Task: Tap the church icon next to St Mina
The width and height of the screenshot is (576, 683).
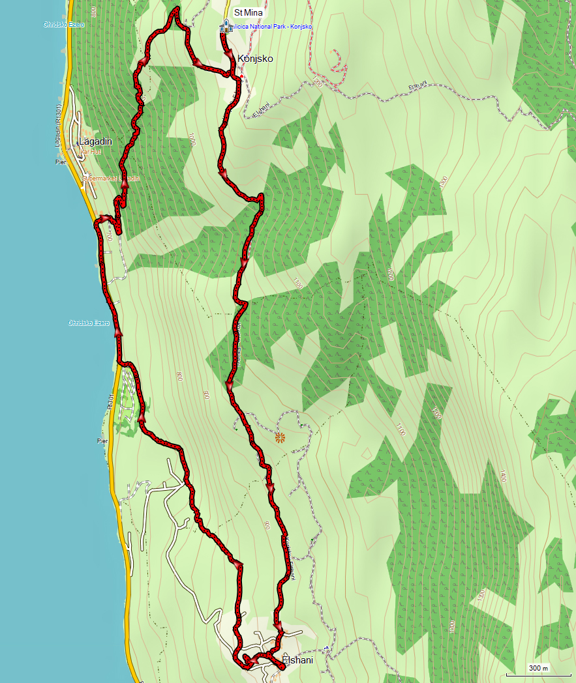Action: [x=226, y=26]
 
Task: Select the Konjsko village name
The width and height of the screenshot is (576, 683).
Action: [x=256, y=58]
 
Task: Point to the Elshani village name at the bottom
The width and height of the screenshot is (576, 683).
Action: [x=298, y=660]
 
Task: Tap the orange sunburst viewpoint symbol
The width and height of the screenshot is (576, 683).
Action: [x=280, y=437]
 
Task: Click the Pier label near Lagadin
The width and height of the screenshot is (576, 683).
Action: [x=61, y=162]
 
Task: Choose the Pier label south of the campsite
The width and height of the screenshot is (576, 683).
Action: [x=102, y=441]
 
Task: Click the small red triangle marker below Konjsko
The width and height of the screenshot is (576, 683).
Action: [x=241, y=77]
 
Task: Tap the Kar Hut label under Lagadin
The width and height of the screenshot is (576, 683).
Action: [x=90, y=151]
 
